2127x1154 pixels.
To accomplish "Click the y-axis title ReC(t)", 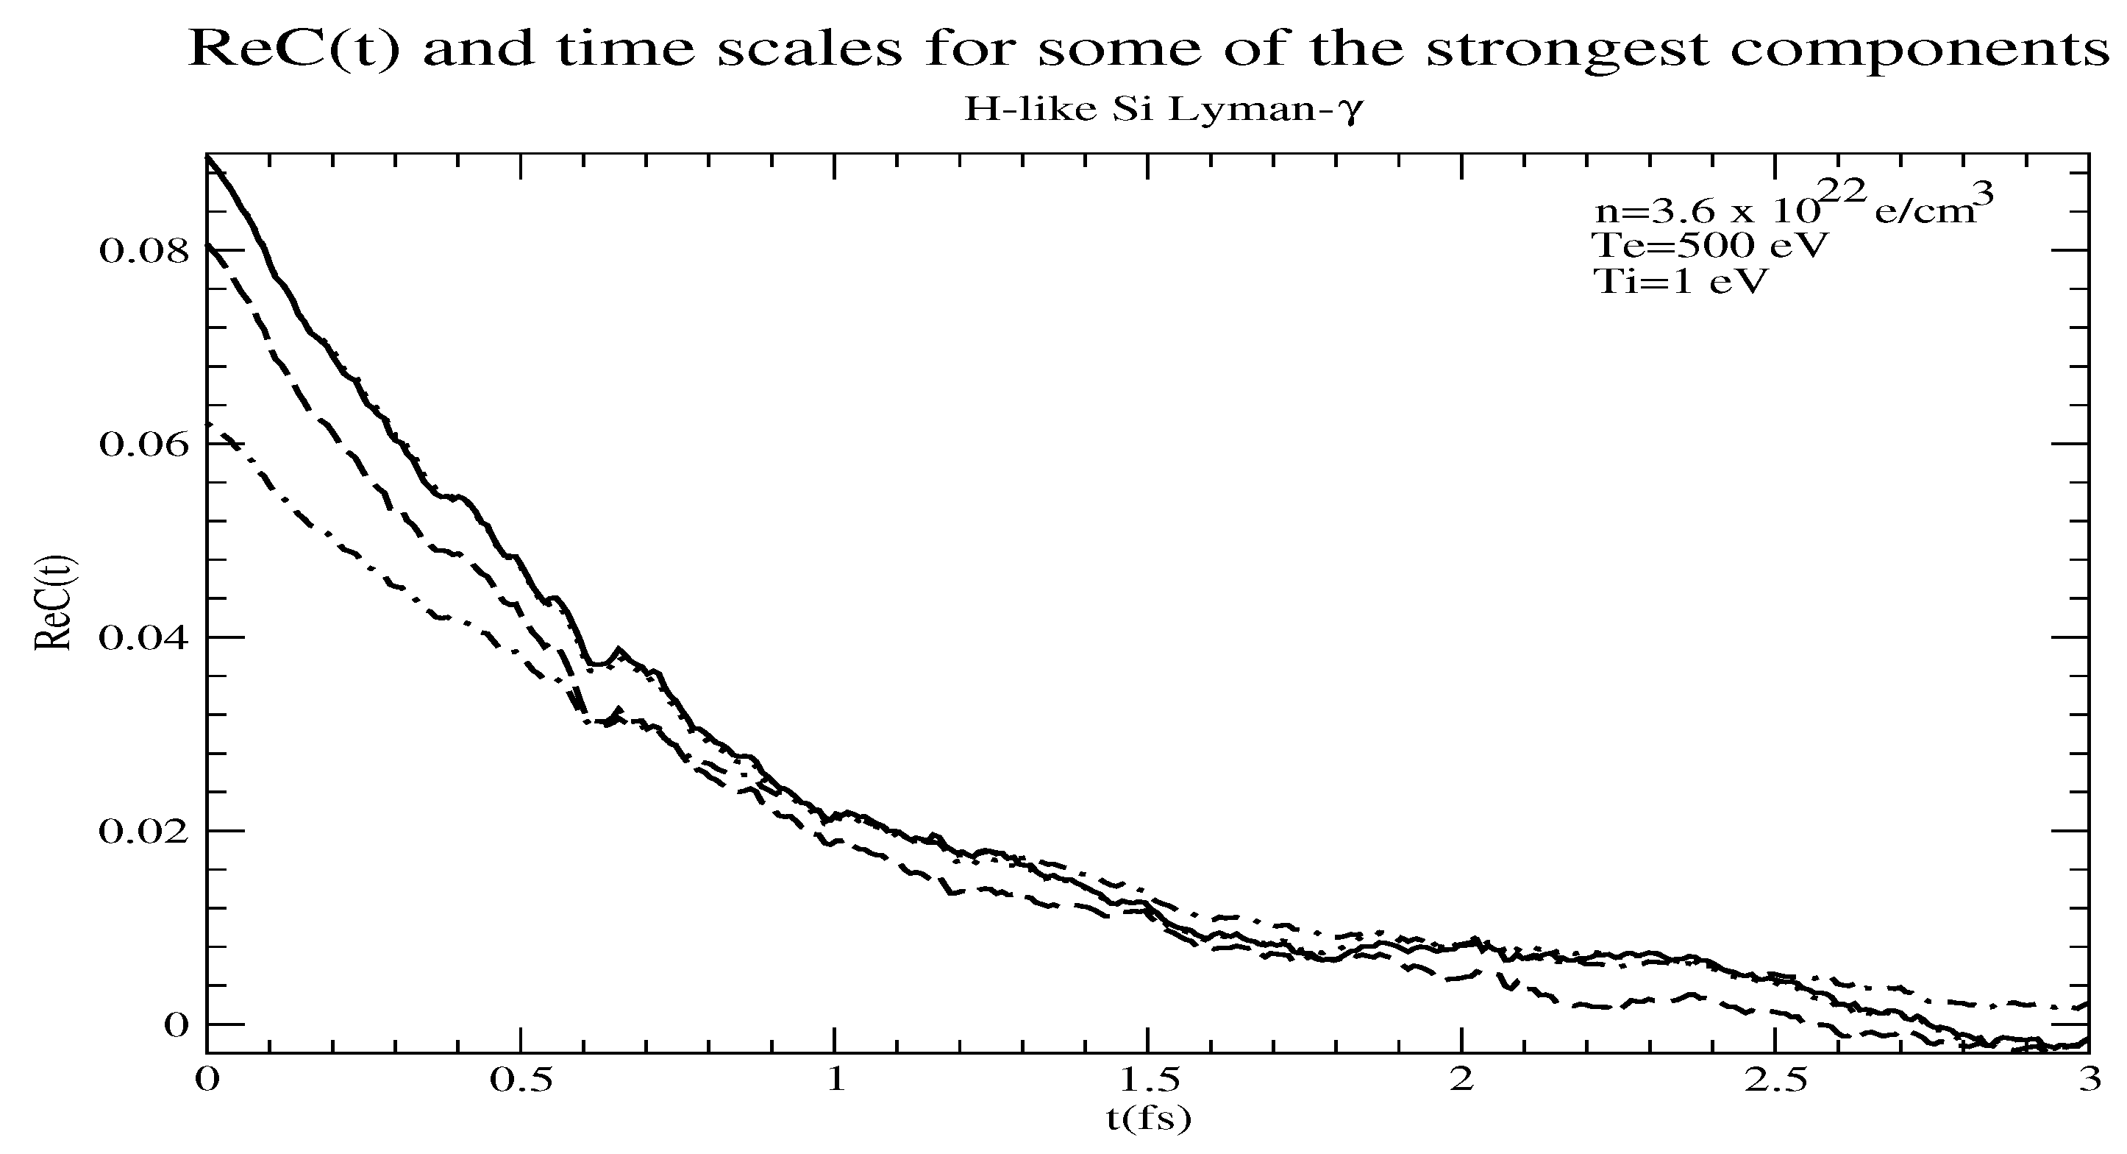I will coord(54,603).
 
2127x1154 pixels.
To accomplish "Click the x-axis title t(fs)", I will coord(1149,1119).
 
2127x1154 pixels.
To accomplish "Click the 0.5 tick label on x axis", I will coord(520,1080).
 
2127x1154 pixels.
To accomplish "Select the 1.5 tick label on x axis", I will coord(1148,1080).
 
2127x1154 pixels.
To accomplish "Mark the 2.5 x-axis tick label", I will coord(1775,1080).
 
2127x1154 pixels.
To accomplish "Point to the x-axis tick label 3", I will coord(2089,1080).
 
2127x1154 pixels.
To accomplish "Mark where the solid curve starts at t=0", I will coord(207,156).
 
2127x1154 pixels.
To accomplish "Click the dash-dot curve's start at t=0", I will coord(208,424).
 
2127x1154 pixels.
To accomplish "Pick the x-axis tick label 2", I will coord(1461,1080).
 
